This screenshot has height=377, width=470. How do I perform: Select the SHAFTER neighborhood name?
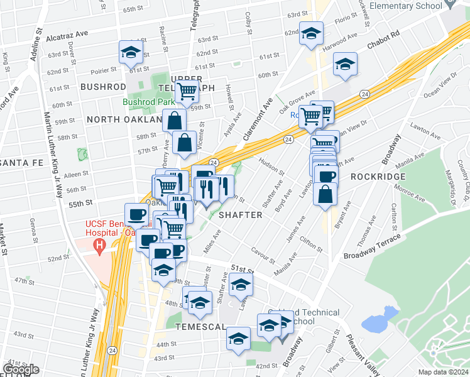point(241,215)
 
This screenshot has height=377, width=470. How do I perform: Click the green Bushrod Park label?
point(148,101)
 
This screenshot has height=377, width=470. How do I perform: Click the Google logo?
point(20,370)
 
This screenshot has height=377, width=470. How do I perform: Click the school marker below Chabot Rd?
point(344,64)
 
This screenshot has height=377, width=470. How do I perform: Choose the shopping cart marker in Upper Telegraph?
point(187,91)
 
